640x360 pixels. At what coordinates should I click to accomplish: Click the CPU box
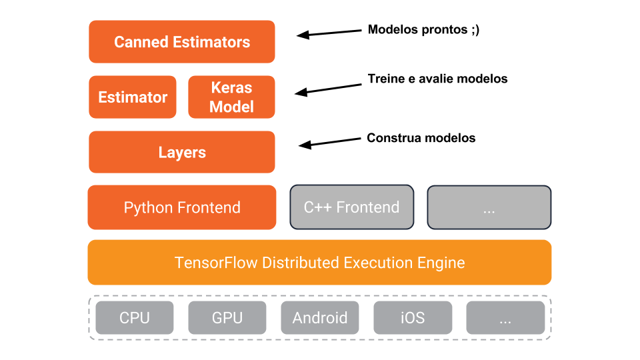(x=134, y=317)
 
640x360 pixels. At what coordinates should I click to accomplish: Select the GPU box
(x=227, y=317)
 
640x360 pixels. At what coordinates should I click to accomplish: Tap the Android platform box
(x=319, y=317)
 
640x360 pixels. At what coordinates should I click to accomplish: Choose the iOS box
(x=412, y=317)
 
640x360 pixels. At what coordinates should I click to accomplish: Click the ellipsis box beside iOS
(x=505, y=317)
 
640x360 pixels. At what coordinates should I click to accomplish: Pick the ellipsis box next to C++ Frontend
(x=489, y=207)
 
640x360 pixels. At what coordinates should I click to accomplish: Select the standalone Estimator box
(x=133, y=97)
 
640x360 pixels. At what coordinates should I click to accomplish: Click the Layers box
(x=182, y=153)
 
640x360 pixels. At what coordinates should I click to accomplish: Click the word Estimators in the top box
(x=211, y=42)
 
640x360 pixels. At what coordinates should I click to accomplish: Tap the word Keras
(x=231, y=88)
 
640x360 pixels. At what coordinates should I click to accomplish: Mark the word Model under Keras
(x=231, y=107)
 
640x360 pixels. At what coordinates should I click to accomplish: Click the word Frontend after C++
(x=367, y=207)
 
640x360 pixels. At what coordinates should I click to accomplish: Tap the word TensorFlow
(x=216, y=263)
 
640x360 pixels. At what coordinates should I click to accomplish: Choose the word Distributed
(x=301, y=263)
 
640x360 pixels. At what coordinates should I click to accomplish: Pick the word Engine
(x=442, y=263)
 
